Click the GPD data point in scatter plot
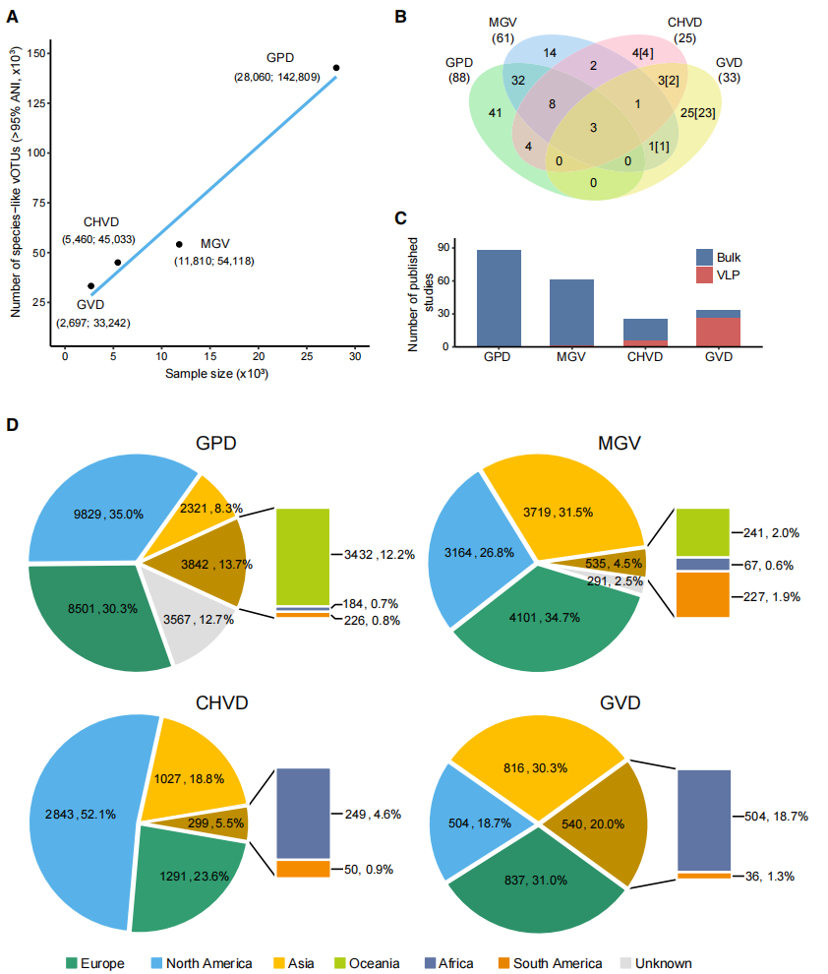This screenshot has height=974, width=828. [x=336, y=68]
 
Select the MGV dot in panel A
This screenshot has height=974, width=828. [x=179, y=244]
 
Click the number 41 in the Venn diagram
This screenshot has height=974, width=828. [x=496, y=112]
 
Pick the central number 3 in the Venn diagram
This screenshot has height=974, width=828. [x=593, y=128]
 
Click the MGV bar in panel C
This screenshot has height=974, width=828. [x=570, y=313]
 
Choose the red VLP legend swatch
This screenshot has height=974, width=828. [x=704, y=274]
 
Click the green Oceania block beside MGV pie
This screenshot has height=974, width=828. [x=702, y=531]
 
